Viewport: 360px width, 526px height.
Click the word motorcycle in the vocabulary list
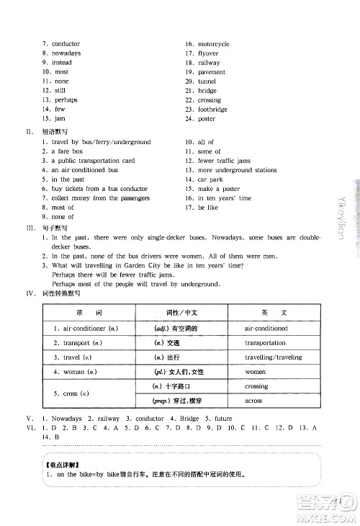click(213, 44)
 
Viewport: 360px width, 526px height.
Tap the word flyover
click(208, 53)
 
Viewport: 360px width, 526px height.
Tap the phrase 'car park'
click(211, 179)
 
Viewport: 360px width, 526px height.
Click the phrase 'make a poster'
click(217, 189)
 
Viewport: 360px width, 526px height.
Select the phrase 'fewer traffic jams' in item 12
click(224, 161)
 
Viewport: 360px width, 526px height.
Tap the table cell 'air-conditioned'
click(266, 329)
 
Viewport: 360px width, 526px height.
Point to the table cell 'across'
click(254, 401)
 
